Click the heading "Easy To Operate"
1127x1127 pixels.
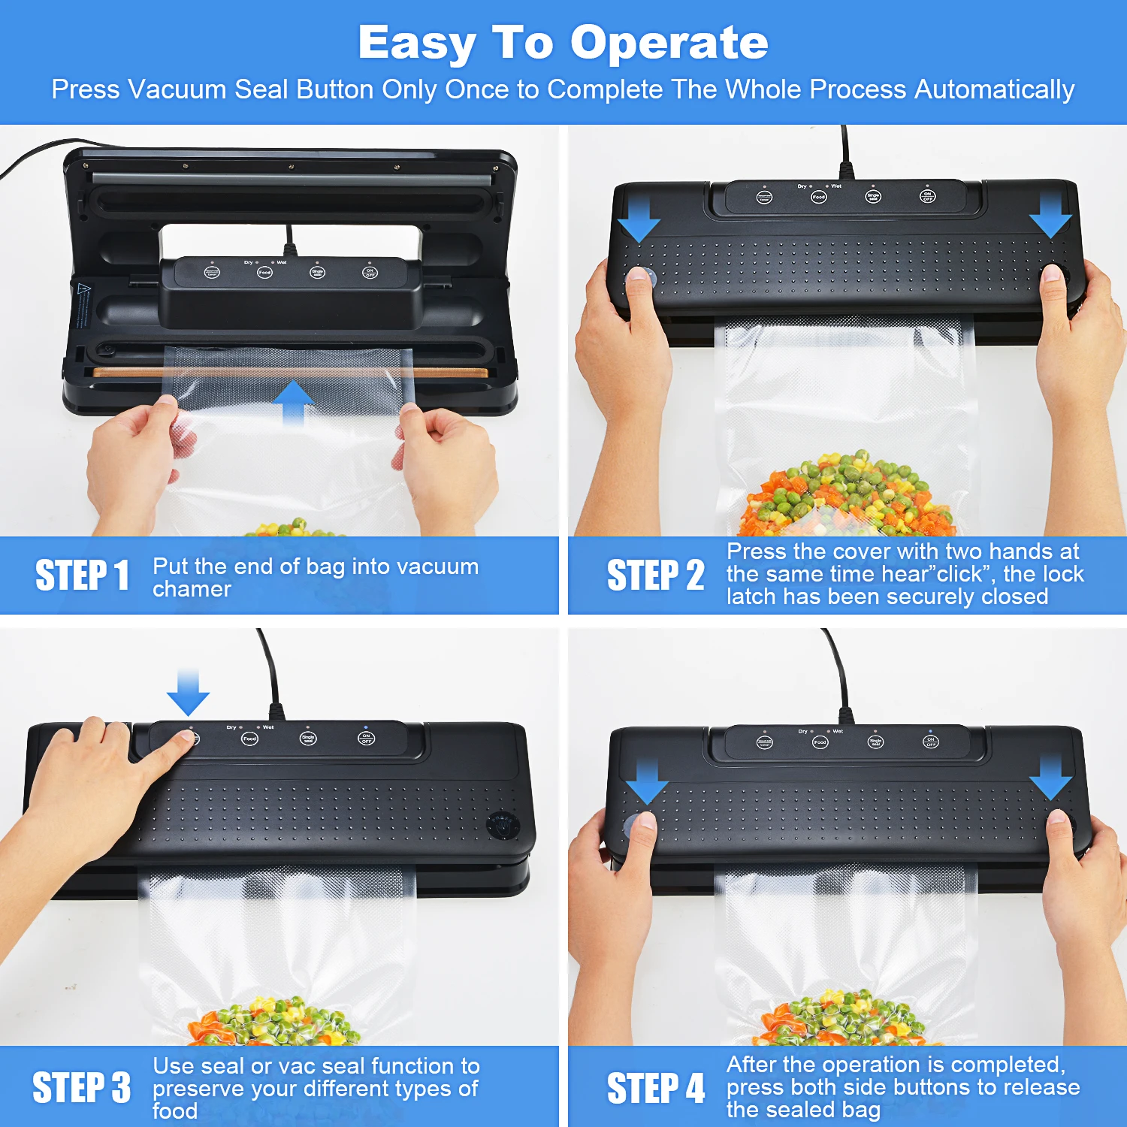(x=563, y=43)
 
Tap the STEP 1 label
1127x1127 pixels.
(x=82, y=576)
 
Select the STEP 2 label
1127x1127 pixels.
(x=655, y=576)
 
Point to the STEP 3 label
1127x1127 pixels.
(x=81, y=1087)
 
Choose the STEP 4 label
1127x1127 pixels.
(x=655, y=1087)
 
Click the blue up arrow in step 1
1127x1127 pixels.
(x=293, y=402)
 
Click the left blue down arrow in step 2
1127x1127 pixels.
(x=639, y=219)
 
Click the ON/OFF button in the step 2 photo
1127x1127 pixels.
(x=928, y=197)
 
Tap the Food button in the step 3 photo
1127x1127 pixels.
(x=249, y=739)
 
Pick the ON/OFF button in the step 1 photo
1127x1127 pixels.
(x=370, y=273)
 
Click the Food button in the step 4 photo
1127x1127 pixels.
(x=820, y=742)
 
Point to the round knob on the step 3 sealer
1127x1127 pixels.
(x=500, y=824)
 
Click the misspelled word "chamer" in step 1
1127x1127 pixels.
(x=192, y=590)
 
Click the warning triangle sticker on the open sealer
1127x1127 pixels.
(x=84, y=289)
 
